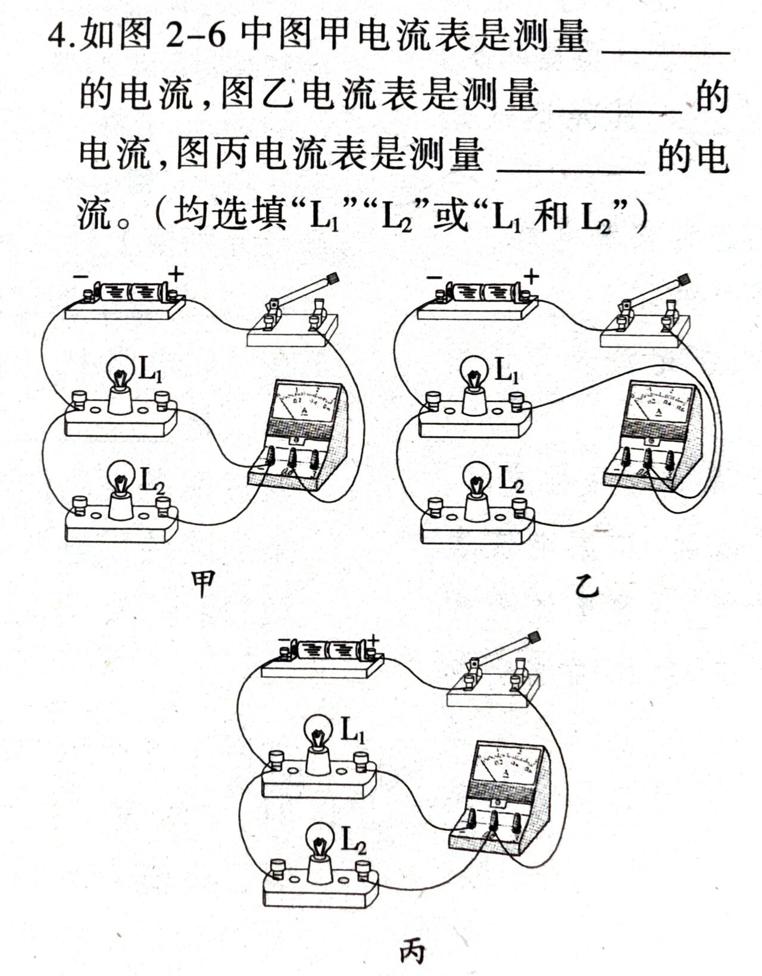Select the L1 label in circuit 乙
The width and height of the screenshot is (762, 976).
tap(507, 371)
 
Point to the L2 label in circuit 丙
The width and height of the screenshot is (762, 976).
tap(353, 840)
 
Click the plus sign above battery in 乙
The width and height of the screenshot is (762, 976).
tap(531, 276)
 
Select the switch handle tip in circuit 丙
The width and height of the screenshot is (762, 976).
tap(533, 637)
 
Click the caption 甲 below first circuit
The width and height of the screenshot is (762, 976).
tap(204, 584)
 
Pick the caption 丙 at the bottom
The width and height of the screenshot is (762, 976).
tap(412, 950)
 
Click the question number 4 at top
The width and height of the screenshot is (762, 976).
tap(58, 38)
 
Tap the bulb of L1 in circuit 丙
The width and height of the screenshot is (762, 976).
tap(319, 731)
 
